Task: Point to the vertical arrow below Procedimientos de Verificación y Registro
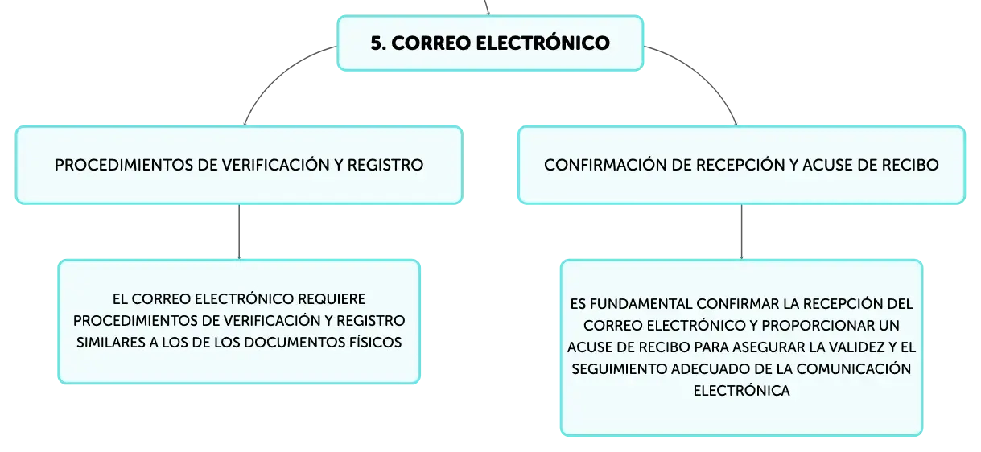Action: point(239,232)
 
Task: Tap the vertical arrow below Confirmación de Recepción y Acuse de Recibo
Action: point(741,232)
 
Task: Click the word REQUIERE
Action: point(332,299)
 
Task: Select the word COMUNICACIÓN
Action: point(854,369)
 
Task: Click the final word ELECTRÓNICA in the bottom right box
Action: point(741,390)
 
